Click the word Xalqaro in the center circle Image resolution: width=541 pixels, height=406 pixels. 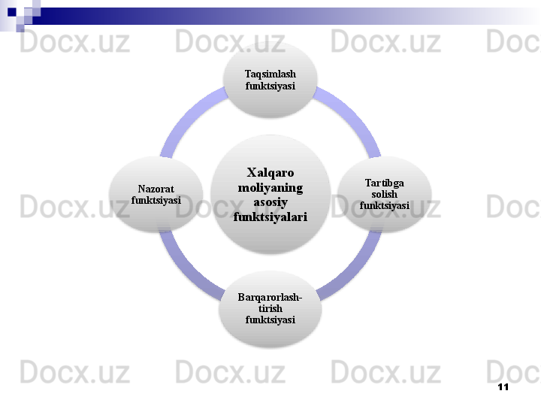click(270, 172)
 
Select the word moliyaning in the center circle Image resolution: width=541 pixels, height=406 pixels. click(270, 186)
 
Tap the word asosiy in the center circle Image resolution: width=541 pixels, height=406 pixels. click(270, 201)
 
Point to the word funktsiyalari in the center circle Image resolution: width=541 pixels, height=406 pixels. click(270, 217)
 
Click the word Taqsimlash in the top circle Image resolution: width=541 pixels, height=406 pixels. click(270, 74)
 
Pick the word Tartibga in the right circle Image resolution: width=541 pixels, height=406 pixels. click(384, 183)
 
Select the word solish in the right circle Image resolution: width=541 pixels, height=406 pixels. click(384, 194)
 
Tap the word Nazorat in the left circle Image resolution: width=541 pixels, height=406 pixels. click(156, 189)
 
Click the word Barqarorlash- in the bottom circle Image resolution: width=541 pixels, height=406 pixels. click(270, 297)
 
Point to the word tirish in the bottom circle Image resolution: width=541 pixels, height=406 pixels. click(270, 308)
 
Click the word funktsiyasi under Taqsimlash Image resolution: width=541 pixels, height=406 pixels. click(270, 86)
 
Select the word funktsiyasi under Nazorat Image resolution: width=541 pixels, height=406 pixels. click(156, 201)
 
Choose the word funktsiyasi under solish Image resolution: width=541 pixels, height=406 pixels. click(384, 205)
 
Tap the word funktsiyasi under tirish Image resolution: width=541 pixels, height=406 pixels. click(270, 320)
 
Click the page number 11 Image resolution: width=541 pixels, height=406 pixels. click(503, 386)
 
